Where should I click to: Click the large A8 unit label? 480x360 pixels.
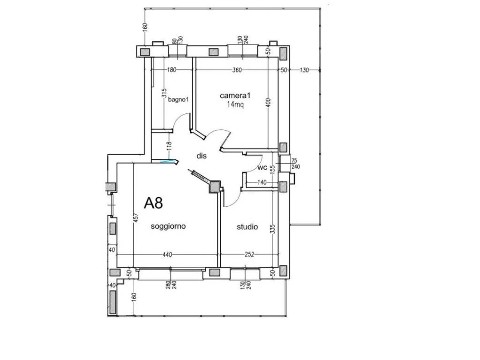(153, 202)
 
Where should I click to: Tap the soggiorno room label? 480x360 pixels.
(168, 226)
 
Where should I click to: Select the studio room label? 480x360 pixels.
(247, 227)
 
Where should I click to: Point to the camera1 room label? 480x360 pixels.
(235, 95)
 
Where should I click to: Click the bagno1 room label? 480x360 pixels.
(178, 99)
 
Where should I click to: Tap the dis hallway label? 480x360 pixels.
(202, 156)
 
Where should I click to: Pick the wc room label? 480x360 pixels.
(262, 168)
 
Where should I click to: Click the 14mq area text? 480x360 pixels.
(235, 105)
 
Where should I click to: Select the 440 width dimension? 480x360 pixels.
(167, 255)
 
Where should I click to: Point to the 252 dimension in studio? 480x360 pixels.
(249, 255)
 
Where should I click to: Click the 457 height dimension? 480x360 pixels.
(136, 217)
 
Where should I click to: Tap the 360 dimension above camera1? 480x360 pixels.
(237, 70)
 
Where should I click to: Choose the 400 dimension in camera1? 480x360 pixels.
(269, 102)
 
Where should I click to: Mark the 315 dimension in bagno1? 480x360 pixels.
(164, 93)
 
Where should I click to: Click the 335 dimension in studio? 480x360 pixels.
(273, 229)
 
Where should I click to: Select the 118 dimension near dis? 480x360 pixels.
(169, 146)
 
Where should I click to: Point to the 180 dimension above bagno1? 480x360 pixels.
(172, 70)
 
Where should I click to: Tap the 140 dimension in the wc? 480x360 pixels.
(262, 182)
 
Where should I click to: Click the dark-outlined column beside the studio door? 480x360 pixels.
(215, 187)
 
